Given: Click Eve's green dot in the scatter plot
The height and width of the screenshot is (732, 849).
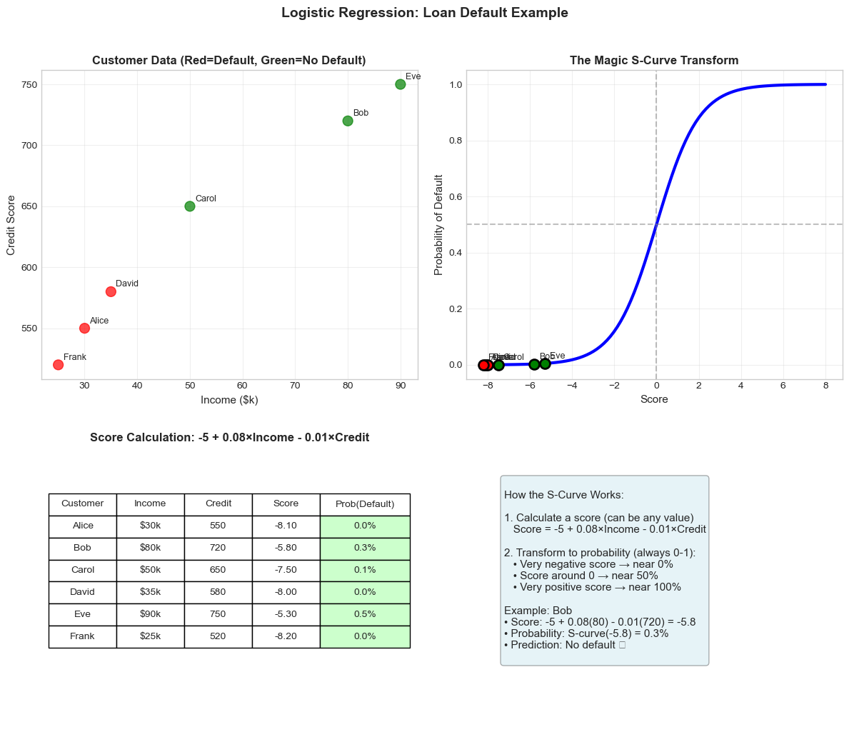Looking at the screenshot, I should point(401,84).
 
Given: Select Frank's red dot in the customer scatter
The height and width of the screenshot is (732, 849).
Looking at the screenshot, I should point(58,365).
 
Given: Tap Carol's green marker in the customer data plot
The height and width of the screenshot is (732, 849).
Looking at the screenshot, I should point(190,206).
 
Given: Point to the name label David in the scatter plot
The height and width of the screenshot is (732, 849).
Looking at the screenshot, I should point(127,284).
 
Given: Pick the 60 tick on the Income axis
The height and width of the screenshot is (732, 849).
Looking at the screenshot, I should point(243,386).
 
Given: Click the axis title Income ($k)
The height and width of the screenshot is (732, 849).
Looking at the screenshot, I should point(229,400).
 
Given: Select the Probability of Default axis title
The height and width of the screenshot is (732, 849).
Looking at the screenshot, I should point(439,224).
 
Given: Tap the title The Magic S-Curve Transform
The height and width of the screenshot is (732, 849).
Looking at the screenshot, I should point(654,61).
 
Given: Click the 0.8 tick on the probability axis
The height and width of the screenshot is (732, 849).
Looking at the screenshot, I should point(455,141).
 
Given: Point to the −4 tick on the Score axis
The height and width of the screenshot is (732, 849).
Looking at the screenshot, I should point(572,386).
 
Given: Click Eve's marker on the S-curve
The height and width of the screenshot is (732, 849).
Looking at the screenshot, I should point(545,364).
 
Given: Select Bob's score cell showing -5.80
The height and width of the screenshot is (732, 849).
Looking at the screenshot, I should point(286,548).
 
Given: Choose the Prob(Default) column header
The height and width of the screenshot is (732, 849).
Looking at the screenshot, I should point(365,503).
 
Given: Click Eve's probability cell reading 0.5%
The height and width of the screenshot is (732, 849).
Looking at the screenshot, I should point(365,614).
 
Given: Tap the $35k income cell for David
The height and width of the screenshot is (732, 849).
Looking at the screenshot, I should point(150,592).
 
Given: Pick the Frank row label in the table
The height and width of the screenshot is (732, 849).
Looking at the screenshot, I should point(83,636).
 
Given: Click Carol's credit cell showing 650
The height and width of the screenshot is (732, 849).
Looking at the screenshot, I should point(218,570).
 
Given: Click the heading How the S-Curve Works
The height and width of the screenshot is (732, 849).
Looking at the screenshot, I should point(564,495).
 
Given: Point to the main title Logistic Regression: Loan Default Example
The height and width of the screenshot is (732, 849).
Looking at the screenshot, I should point(425,13).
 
